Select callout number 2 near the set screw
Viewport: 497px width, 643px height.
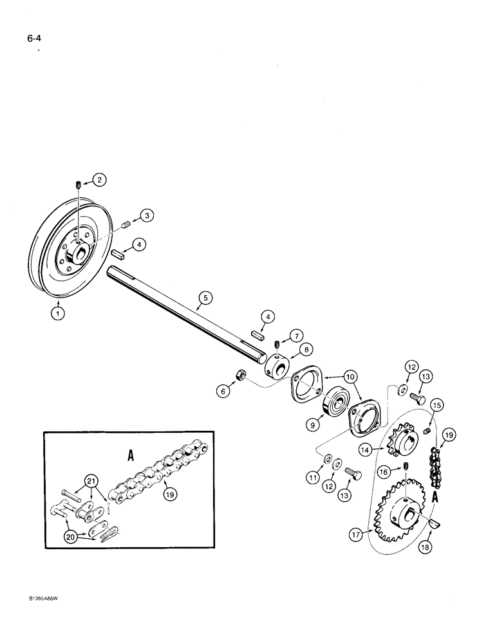click(98, 180)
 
